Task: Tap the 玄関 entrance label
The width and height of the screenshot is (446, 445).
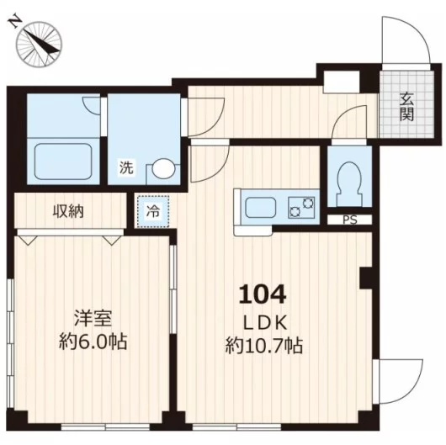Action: [406, 107]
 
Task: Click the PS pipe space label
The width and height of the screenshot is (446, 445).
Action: [350, 220]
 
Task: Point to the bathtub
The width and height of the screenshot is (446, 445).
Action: [63, 162]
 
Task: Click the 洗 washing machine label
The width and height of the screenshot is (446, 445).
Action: [126, 167]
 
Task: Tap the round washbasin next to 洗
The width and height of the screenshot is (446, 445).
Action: [163, 169]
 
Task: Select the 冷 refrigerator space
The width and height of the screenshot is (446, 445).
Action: [153, 211]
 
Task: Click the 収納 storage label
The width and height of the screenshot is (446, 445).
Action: [68, 211]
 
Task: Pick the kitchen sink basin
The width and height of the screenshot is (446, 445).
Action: [261, 208]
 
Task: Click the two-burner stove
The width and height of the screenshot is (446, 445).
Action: [302, 208]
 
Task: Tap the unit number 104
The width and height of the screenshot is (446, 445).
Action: [262, 294]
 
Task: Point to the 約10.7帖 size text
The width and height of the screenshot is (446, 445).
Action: [264, 346]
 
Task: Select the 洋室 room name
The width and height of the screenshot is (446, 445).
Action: [93, 319]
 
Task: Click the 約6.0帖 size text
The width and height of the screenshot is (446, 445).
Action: [93, 342]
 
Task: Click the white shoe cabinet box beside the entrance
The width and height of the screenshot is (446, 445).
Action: [342, 82]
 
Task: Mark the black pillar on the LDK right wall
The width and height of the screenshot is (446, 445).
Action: [366, 278]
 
